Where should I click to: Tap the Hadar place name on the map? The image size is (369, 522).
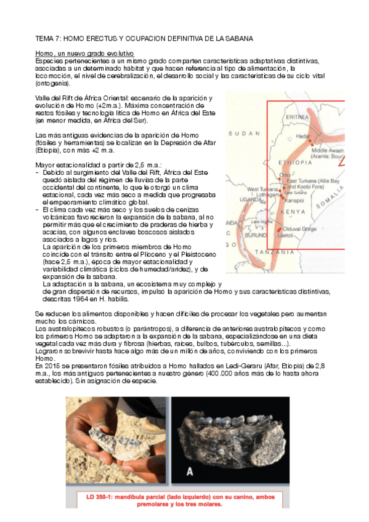(x=304, y=134)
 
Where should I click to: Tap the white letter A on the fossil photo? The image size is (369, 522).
(x=190, y=472)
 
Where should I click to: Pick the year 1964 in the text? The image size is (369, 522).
(x=82, y=300)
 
